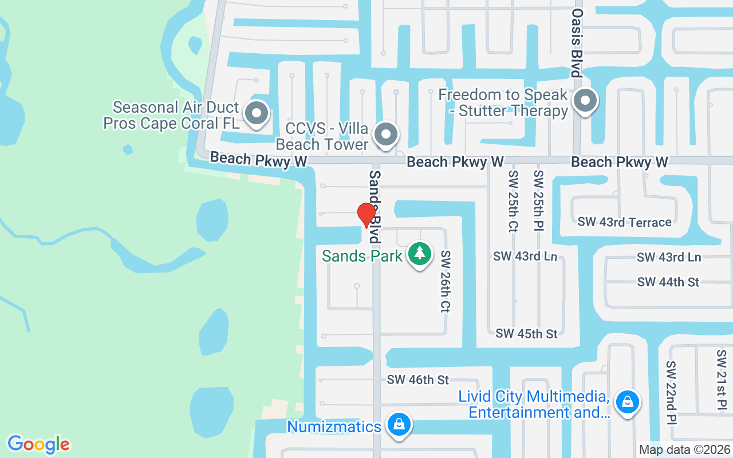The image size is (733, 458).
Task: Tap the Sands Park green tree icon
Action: [x=420, y=254]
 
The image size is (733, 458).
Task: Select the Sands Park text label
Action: [x=362, y=256]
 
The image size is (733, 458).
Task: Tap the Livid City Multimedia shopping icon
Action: [x=627, y=402]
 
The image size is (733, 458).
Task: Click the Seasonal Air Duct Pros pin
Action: [x=257, y=113]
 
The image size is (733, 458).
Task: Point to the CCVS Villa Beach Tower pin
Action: [x=386, y=135]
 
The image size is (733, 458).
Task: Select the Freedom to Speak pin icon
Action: [x=585, y=102]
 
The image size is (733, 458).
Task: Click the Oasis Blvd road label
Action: [x=577, y=42]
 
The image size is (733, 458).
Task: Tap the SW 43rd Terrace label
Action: [x=624, y=222]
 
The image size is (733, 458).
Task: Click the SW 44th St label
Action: [x=668, y=282]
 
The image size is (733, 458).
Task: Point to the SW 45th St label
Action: [x=526, y=333]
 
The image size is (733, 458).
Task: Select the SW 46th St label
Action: [x=417, y=379]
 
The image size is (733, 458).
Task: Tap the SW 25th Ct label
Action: [x=513, y=201]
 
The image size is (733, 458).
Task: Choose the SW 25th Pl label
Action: [x=538, y=201]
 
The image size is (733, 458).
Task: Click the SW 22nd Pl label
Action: [x=671, y=393]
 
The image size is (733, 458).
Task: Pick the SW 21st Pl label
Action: [x=721, y=380]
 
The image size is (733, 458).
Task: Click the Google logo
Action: [x=38, y=444]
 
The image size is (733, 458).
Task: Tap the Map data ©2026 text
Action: [x=684, y=450]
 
